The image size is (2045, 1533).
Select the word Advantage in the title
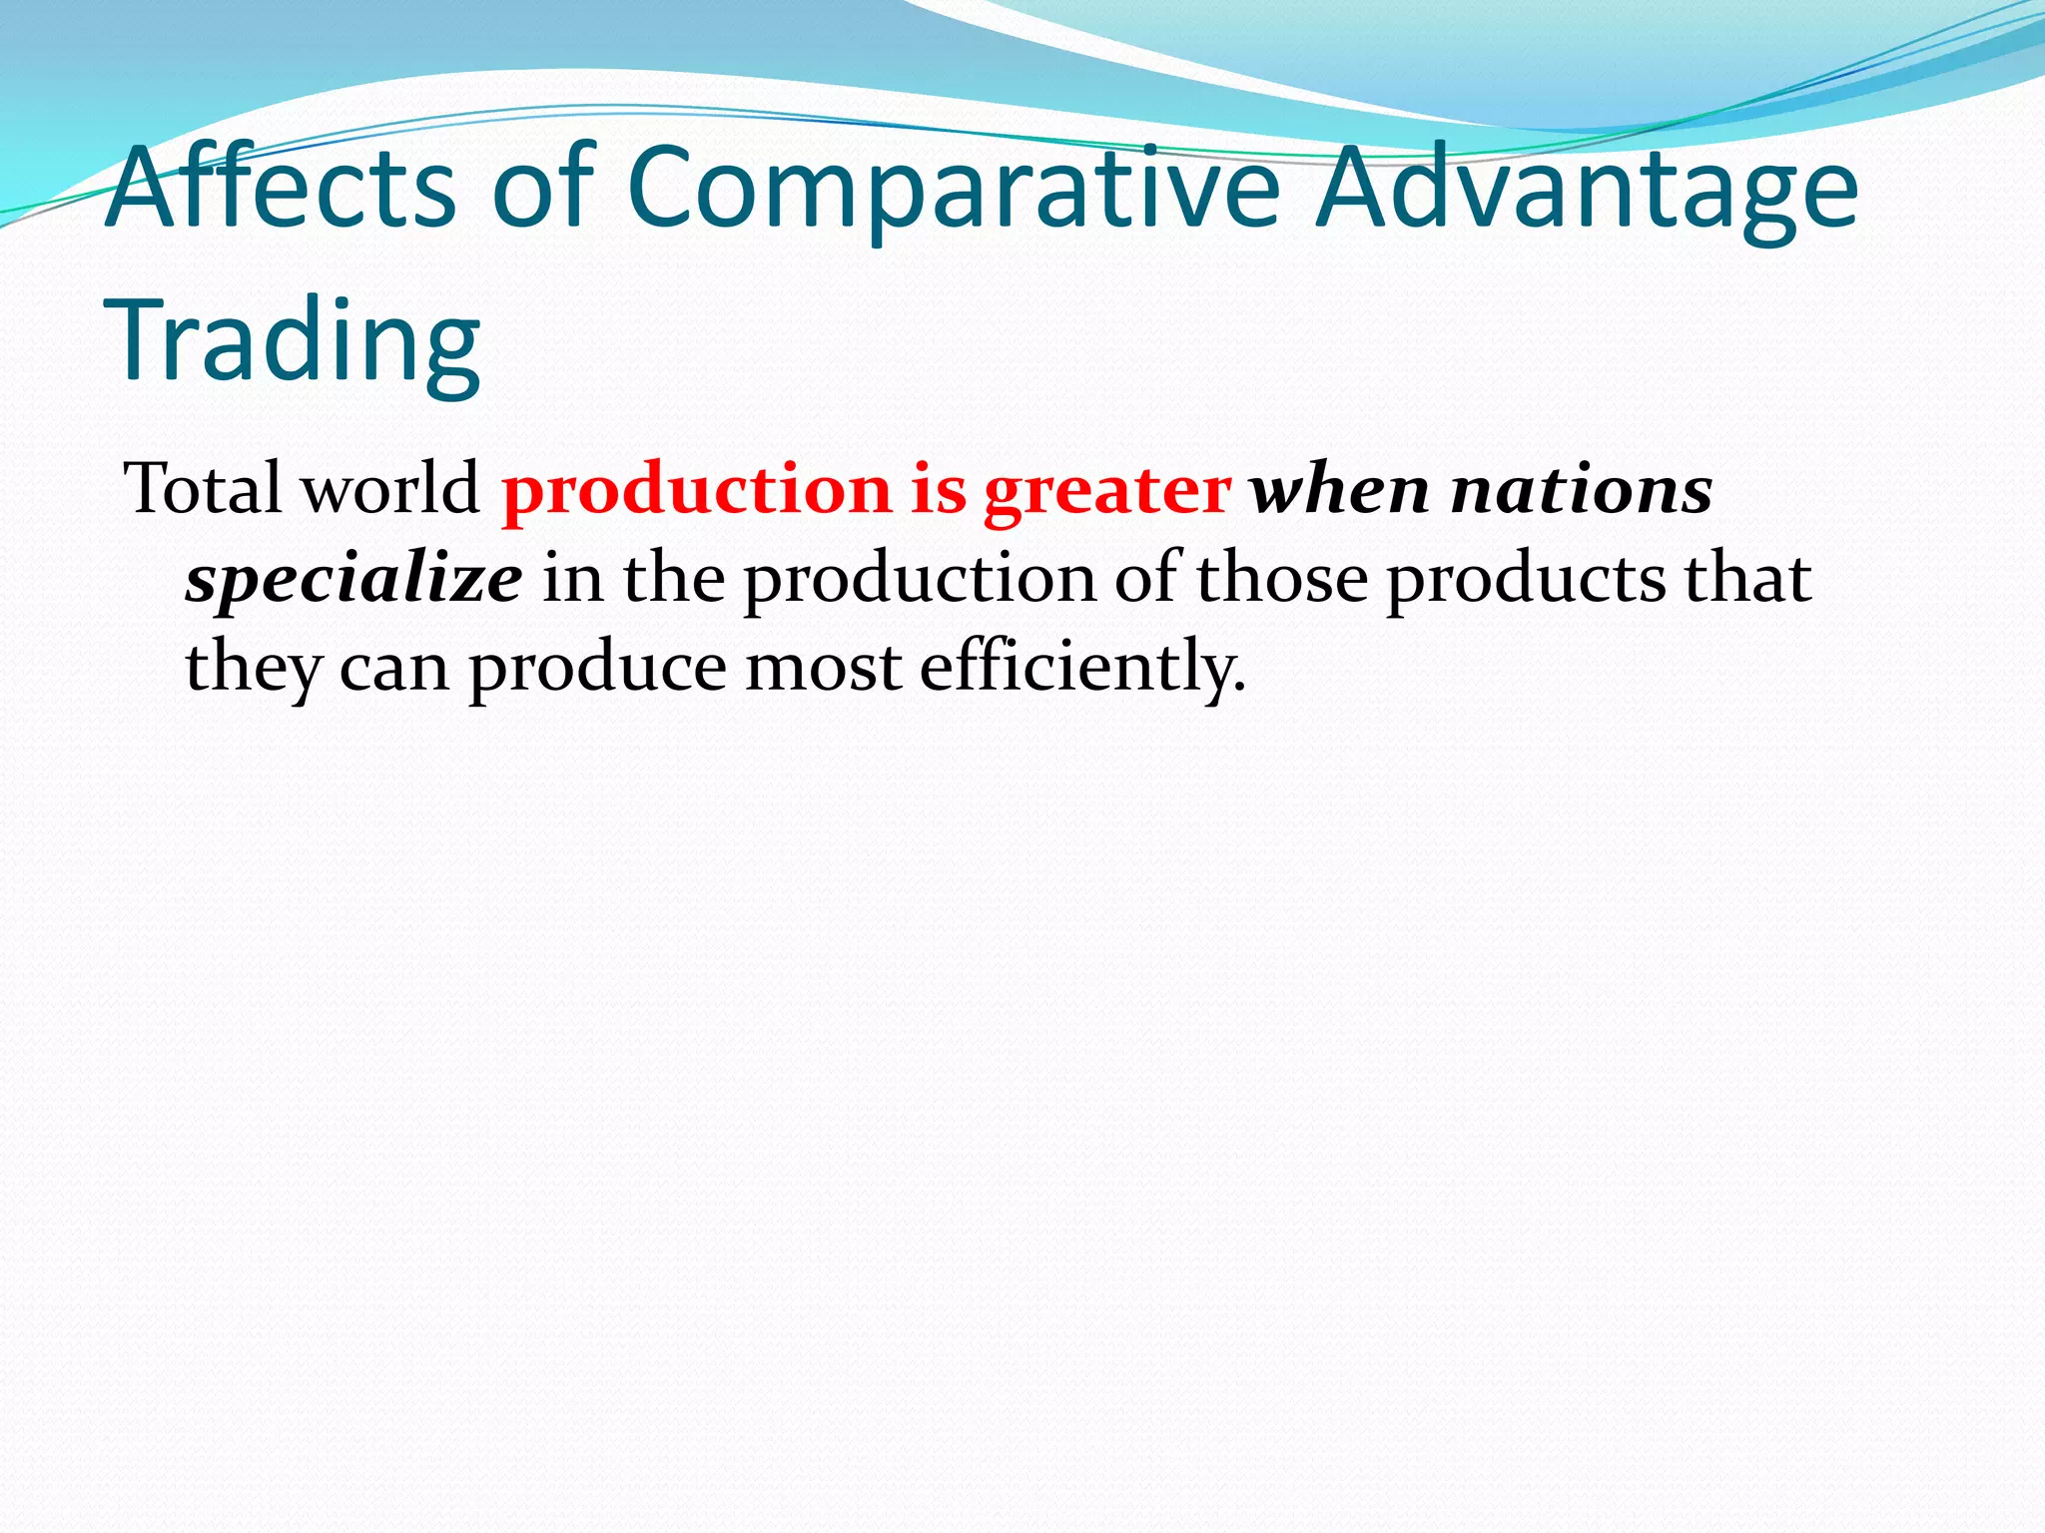click(x=1587, y=192)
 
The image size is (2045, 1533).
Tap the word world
click(x=390, y=489)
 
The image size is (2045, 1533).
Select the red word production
click(x=696, y=491)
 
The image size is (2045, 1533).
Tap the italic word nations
click(x=1582, y=491)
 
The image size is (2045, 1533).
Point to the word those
click(x=1281, y=579)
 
